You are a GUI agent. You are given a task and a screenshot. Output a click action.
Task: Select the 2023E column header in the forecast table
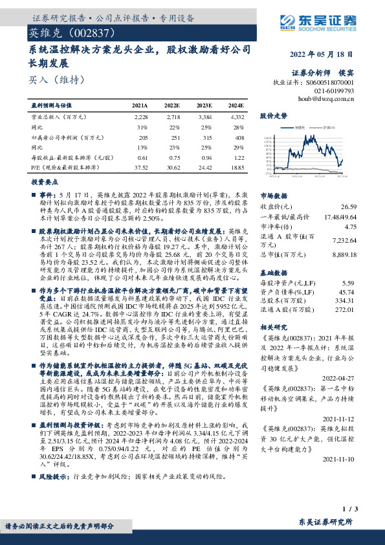point(204,105)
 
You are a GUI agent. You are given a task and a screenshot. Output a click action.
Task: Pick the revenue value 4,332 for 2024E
point(237,117)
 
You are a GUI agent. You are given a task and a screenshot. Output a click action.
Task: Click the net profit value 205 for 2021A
point(142,137)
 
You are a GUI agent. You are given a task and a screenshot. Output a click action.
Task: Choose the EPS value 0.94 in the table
point(206,157)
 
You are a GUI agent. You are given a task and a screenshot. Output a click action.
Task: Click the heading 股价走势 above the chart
point(273,117)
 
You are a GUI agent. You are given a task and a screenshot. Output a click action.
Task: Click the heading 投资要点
point(45,182)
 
